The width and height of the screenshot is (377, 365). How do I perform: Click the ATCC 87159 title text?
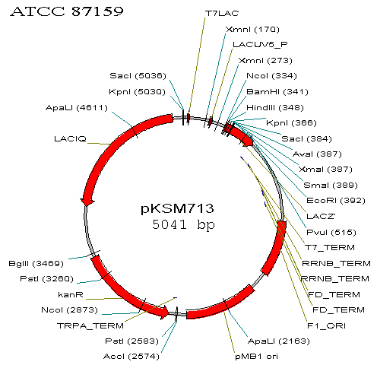pyautogui.click(x=67, y=11)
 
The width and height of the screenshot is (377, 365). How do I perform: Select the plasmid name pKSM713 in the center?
pyautogui.click(x=177, y=208)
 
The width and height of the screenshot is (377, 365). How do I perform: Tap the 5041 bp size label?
pyautogui.click(x=183, y=224)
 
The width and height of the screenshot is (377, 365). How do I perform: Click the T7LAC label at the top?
pyautogui.click(x=222, y=13)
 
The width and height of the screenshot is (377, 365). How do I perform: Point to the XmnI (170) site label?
pyautogui.click(x=252, y=30)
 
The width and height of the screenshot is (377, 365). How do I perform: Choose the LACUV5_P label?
pyautogui.click(x=260, y=45)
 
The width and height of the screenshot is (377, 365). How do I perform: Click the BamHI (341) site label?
pyautogui.click(x=277, y=92)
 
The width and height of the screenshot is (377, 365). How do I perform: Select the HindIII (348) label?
pyautogui.click(x=275, y=108)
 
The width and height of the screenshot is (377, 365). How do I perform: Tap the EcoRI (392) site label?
pyautogui.click(x=336, y=201)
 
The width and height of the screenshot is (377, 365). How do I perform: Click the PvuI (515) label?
pyautogui.click(x=331, y=233)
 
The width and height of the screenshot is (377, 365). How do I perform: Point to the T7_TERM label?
pyautogui.click(x=330, y=248)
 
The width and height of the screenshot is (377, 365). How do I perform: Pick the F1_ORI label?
pyautogui.click(x=326, y=325)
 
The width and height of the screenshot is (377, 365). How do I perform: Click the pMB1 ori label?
pyautogui.click(x=256, y=357)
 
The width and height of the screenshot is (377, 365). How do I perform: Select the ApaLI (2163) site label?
pyautogui.click(x=279, y=341)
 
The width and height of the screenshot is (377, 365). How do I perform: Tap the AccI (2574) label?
pyautogui.click(x=131, y=357)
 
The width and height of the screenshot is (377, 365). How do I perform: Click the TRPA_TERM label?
pyautogui.click(x=90, y=325)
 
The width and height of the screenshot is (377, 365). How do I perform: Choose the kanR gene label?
pyautogui.click(x=71, y=295)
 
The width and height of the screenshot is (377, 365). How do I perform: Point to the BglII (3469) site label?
pyautogui.click(x=36, y=264)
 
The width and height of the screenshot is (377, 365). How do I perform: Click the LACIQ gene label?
pyautogui.click(x=70, y=138)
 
